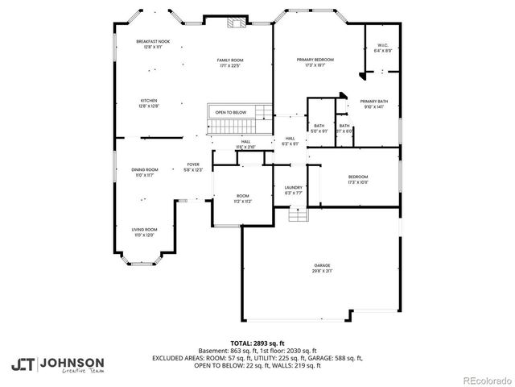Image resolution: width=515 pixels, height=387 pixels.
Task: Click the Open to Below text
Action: coord(230,112)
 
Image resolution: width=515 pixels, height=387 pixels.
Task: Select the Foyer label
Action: coord(193,166)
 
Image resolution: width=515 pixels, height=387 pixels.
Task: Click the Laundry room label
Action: coord(293,189)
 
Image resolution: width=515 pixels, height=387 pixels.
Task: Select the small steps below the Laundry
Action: coord(297,215)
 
